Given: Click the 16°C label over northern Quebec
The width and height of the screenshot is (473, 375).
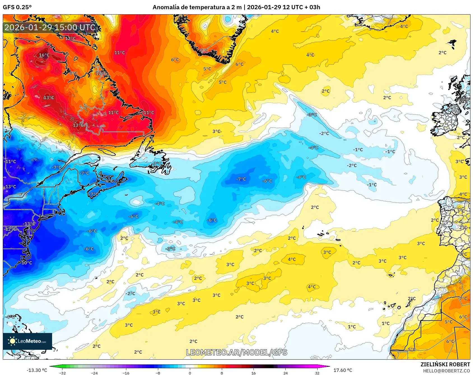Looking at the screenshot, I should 44,55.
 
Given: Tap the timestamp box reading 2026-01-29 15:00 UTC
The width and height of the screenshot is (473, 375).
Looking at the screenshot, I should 50,27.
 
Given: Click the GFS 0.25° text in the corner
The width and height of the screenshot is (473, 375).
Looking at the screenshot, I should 17,7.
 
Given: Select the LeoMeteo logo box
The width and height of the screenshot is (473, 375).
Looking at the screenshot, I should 27,341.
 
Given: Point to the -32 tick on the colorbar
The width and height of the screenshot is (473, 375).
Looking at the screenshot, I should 63,373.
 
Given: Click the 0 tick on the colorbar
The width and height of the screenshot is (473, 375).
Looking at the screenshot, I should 190,373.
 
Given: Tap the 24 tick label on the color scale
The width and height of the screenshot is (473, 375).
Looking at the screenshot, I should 285,373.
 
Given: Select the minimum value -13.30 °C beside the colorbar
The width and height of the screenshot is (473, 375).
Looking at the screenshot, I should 37,370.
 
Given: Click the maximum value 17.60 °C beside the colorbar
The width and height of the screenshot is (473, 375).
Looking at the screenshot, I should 343,370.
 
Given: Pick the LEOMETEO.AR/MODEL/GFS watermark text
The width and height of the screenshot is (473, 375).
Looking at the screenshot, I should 237,352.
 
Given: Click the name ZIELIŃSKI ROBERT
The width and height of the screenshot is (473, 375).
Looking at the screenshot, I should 445,364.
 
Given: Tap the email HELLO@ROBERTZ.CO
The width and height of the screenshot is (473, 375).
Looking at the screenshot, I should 446,371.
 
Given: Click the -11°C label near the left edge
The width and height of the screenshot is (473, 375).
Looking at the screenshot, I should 10,162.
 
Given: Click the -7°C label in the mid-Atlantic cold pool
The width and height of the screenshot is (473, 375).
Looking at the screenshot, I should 241,179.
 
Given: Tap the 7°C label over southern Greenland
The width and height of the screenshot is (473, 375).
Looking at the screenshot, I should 204,50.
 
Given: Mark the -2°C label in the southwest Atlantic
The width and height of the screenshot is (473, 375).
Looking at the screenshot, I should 130,293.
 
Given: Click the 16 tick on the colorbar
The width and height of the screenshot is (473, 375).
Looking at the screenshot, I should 253,373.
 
